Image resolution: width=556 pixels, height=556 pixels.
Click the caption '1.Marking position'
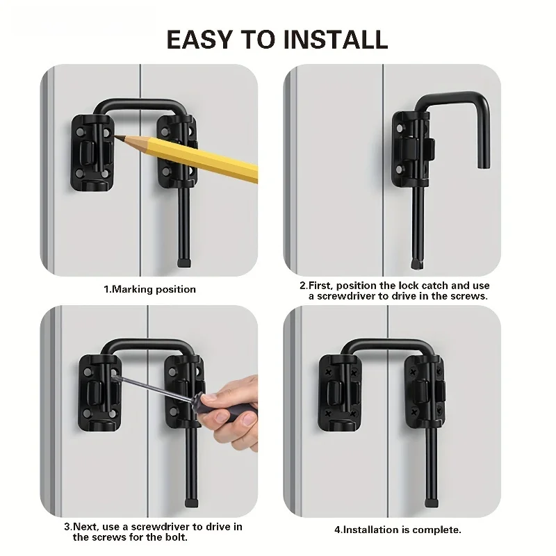coord(149,289)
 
